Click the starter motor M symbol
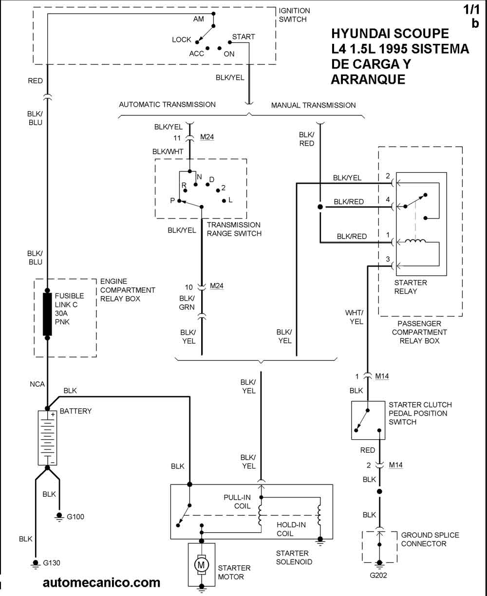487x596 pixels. click(x=201, y=564)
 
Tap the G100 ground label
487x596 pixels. click(x=75, y=517)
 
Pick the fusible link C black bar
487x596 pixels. click(x=47, y=314)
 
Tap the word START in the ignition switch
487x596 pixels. click(x=243, y=37)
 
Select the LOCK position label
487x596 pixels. click(x=182, y=39)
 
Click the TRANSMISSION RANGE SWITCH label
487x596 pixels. click(x=234, y=229)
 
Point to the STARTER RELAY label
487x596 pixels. click(x=410, y=287)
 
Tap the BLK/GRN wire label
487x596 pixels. click(x=187, y=302)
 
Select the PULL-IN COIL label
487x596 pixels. click(x=237, y=502)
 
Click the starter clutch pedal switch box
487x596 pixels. click(x=368, y=420)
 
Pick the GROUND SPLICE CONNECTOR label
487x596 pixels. click(x=430, y=539)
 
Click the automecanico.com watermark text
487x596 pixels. click(x=101, y=582)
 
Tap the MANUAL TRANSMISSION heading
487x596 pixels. click(x=313, y=105)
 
